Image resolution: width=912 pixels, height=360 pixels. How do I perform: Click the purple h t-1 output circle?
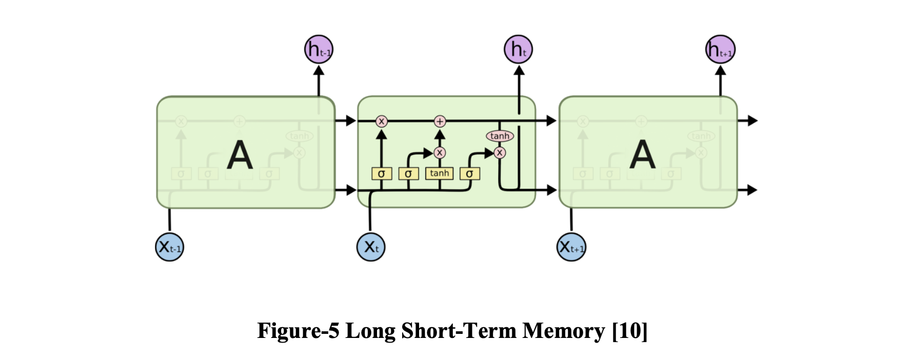click(319, 50)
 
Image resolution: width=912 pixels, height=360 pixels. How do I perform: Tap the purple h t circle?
click(518, 50)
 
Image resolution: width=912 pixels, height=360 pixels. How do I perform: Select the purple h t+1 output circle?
click(720, 50)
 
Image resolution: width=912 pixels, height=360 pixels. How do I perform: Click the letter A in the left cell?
click(240, 155)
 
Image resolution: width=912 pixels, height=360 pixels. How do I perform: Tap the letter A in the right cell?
click(642, 155)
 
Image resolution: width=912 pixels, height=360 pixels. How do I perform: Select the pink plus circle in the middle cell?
click(440, 121)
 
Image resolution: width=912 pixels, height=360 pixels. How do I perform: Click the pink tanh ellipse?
click(500, 136)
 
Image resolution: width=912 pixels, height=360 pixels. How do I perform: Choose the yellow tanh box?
click(440, 173)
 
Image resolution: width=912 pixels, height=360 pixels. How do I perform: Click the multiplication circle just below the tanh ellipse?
click(500, 152)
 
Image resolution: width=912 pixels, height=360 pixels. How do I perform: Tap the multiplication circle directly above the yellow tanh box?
click(440, 152)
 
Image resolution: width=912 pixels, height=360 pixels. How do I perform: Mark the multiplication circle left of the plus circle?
click(381, 121)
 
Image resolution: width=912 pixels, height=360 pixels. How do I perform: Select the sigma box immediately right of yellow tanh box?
click(469, 174)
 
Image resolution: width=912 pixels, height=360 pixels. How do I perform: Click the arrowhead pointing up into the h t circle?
click(519, 70)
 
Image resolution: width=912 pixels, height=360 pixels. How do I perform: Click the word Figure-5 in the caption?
click(298, 331)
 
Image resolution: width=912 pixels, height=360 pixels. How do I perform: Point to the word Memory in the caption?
click(563, 331)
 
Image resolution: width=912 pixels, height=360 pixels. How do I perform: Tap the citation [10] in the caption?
click(629, 331)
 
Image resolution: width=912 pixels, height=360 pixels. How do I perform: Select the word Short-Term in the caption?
click(459, 331)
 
